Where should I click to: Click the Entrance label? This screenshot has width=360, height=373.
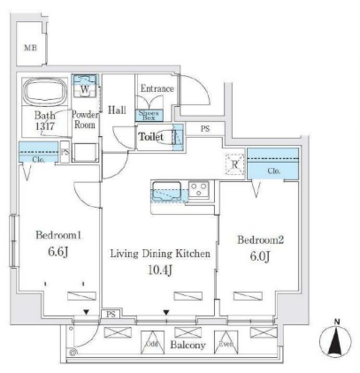pos(157,89)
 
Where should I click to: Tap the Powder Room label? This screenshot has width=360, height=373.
pos(84,119)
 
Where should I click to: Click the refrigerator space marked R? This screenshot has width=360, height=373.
pos(235,164)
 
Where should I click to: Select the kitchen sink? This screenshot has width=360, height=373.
pos(167,190)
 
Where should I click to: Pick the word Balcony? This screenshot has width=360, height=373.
pos(188,346)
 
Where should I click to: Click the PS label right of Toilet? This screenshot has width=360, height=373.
pos(205,129)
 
